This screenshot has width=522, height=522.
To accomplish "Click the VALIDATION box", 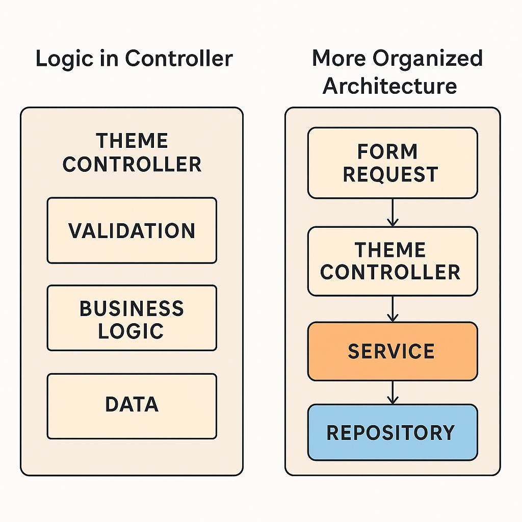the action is tap(132, 230).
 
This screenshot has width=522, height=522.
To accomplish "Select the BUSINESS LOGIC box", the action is tap(132, 318).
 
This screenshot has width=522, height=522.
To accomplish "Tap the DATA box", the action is tap(132, 406).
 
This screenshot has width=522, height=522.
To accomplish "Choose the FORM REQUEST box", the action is tap(393, 163).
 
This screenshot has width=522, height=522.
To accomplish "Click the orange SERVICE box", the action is tap(393, 351).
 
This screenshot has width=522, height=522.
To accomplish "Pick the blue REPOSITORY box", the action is tap(393, 432).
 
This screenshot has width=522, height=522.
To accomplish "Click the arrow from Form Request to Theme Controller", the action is tap(393, 213).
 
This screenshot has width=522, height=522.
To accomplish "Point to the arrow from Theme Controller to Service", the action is tap(393, 309).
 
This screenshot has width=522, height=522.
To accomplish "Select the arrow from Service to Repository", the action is tap(393, 393).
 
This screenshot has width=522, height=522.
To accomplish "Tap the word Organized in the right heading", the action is tap(428, 59).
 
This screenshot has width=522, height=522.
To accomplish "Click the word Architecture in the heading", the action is tap(390, 86).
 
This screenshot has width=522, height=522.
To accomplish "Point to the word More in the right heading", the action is tap(339, 58).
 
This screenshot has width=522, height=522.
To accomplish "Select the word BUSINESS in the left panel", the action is tap(132, 308).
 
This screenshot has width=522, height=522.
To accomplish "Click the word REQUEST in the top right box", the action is tap(391, 174).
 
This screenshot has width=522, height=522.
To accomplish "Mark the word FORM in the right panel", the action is tap(387, 152).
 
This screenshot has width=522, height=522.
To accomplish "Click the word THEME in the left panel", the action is tap(132, 141).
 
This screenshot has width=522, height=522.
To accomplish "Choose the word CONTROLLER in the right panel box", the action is tap(390, 272).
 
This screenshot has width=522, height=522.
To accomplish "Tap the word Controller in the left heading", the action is tap(179, 59).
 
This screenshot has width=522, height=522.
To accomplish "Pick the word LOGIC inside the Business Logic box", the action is tap(131, 331).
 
